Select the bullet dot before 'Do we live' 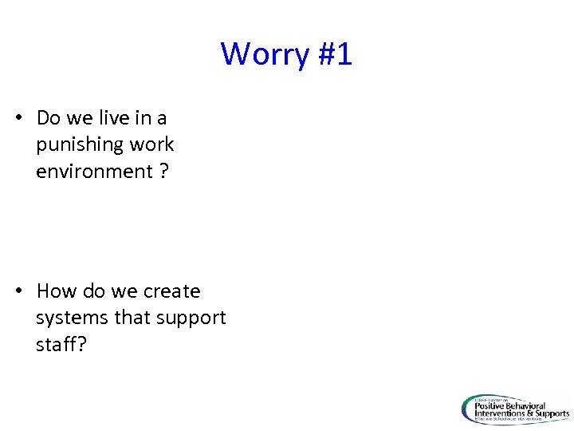pos(18,118)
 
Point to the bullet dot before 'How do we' pos(18,291)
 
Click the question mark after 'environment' pos(163,171)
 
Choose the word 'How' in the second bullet pos(54,291)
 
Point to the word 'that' pos(132,318)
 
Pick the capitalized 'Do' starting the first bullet pos(49,118)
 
